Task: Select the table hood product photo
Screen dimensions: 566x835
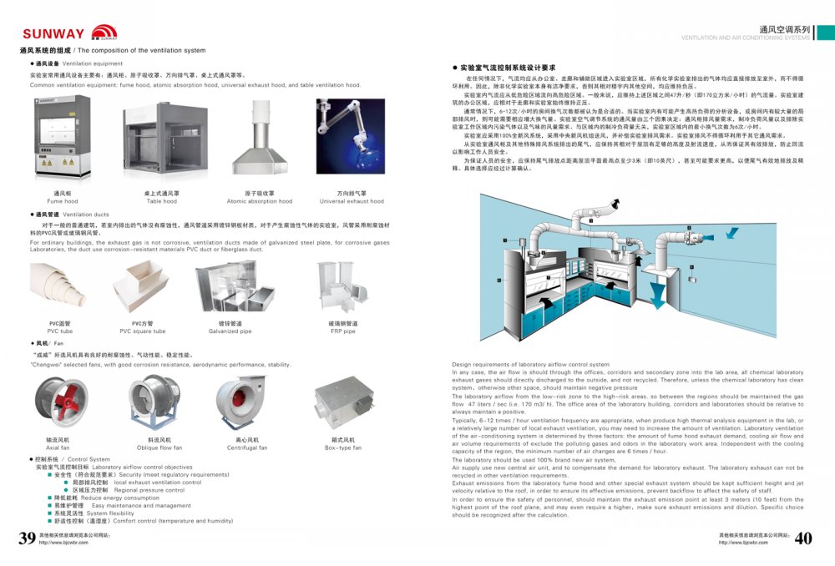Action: point(161,143)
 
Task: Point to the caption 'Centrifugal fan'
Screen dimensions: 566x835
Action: point(247,447)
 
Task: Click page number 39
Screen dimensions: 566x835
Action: point(27,538)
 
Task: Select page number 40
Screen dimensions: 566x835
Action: point(802,538)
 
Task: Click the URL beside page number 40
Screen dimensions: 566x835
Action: point(743,543)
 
